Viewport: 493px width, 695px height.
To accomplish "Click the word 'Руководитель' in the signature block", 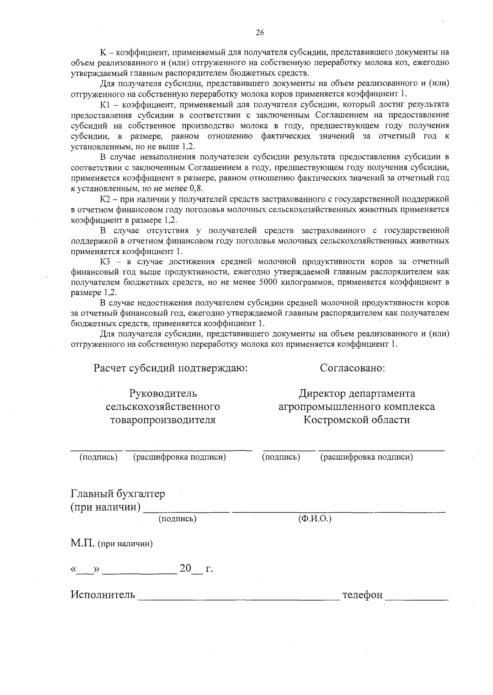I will [163, 394].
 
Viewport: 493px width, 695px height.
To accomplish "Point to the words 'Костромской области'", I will [357, 420].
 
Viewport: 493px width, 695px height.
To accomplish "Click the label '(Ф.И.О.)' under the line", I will [315, 519].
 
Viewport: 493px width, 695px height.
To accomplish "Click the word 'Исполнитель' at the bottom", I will [103, 595].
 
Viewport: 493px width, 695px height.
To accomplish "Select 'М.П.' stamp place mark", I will [82, 544].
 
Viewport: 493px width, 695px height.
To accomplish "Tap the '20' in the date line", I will [186, 568].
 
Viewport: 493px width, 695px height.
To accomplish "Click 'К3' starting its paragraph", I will [106, 262].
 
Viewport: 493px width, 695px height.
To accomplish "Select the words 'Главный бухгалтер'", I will [118, 493].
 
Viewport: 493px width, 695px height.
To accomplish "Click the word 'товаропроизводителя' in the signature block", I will [163, 420].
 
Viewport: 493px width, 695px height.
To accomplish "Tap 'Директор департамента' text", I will [357, 394].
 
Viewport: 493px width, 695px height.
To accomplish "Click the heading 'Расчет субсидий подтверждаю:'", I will [171, 368].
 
